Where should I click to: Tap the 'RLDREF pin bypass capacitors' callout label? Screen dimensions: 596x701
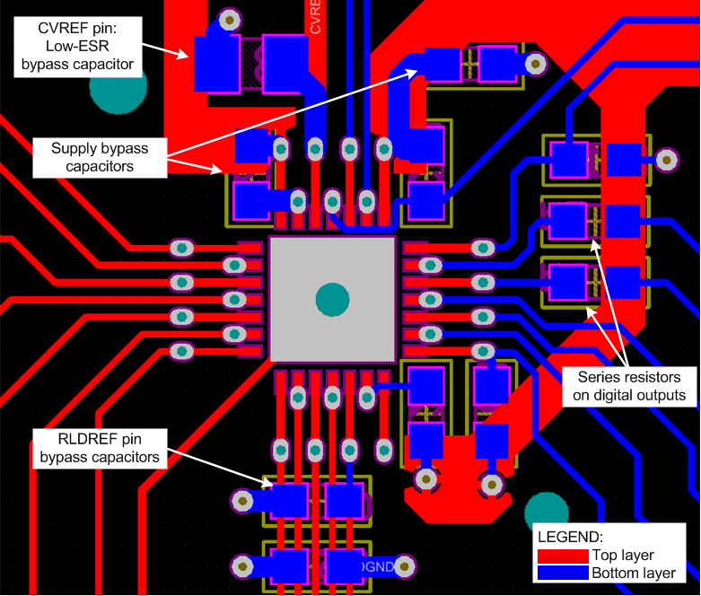pos(100,448)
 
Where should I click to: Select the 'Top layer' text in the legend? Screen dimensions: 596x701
pos(623,555)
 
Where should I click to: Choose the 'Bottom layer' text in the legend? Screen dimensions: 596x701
pos(632,573)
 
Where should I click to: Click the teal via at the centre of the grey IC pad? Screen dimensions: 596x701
pos(332,299)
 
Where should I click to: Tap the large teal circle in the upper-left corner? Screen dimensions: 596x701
pos(117,88)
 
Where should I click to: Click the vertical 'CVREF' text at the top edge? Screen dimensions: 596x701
pos(316,16)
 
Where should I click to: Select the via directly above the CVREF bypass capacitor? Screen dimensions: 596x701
pos(231,18)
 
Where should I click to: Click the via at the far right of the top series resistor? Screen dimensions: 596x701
pos(667,160)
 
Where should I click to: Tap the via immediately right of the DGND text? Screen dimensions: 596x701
pos(406,566)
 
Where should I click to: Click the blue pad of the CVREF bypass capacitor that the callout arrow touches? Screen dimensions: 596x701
pos(215,64)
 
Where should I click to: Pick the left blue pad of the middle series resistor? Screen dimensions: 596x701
pos(567,219)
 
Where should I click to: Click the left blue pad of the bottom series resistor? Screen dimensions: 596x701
pos(567,280)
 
